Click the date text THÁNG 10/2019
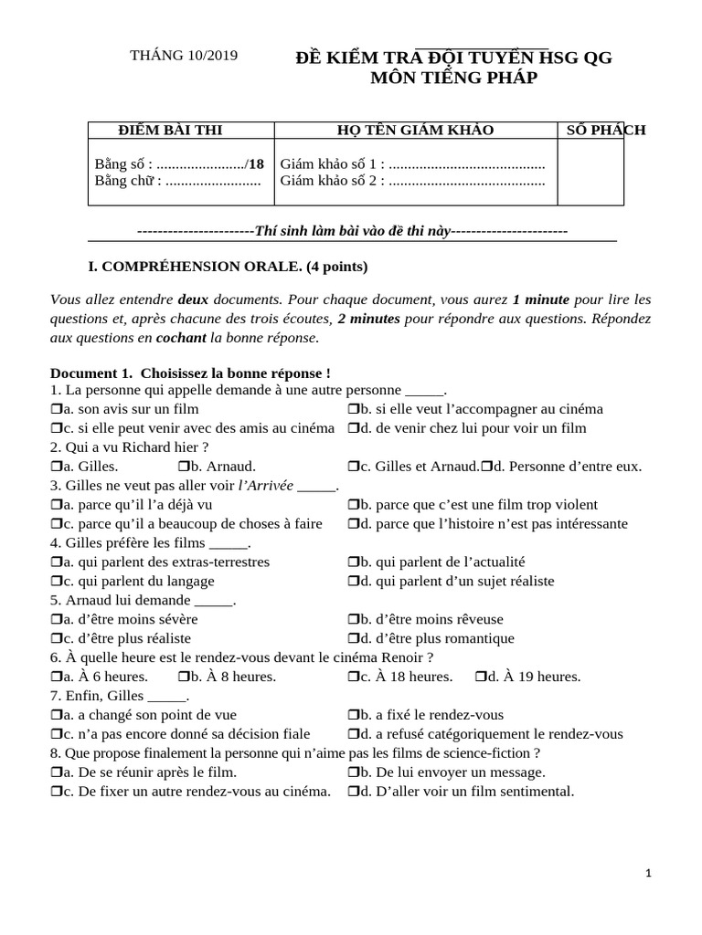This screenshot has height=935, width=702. [184, 56]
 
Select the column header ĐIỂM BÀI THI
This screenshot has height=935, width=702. [171, 130]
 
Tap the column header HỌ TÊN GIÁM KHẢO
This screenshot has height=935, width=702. [415, 130]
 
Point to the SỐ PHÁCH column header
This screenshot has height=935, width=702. [605, 130]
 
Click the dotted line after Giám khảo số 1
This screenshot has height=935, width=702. [467, 164]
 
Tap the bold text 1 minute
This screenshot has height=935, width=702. [541, 299]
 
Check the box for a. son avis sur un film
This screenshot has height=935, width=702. [56, 409]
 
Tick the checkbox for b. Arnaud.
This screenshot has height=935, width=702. [182, 467]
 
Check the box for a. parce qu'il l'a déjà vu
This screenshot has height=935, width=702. [56, 505]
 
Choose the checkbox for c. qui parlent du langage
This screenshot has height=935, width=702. [56, 582]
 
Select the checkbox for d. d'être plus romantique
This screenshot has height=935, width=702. [353, 639]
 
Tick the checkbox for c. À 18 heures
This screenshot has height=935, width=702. [353, 678]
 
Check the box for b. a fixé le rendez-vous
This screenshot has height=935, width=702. [353, 716]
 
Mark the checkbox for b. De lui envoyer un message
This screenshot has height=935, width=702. [353, 772]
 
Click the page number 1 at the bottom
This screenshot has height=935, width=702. [648, 874]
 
